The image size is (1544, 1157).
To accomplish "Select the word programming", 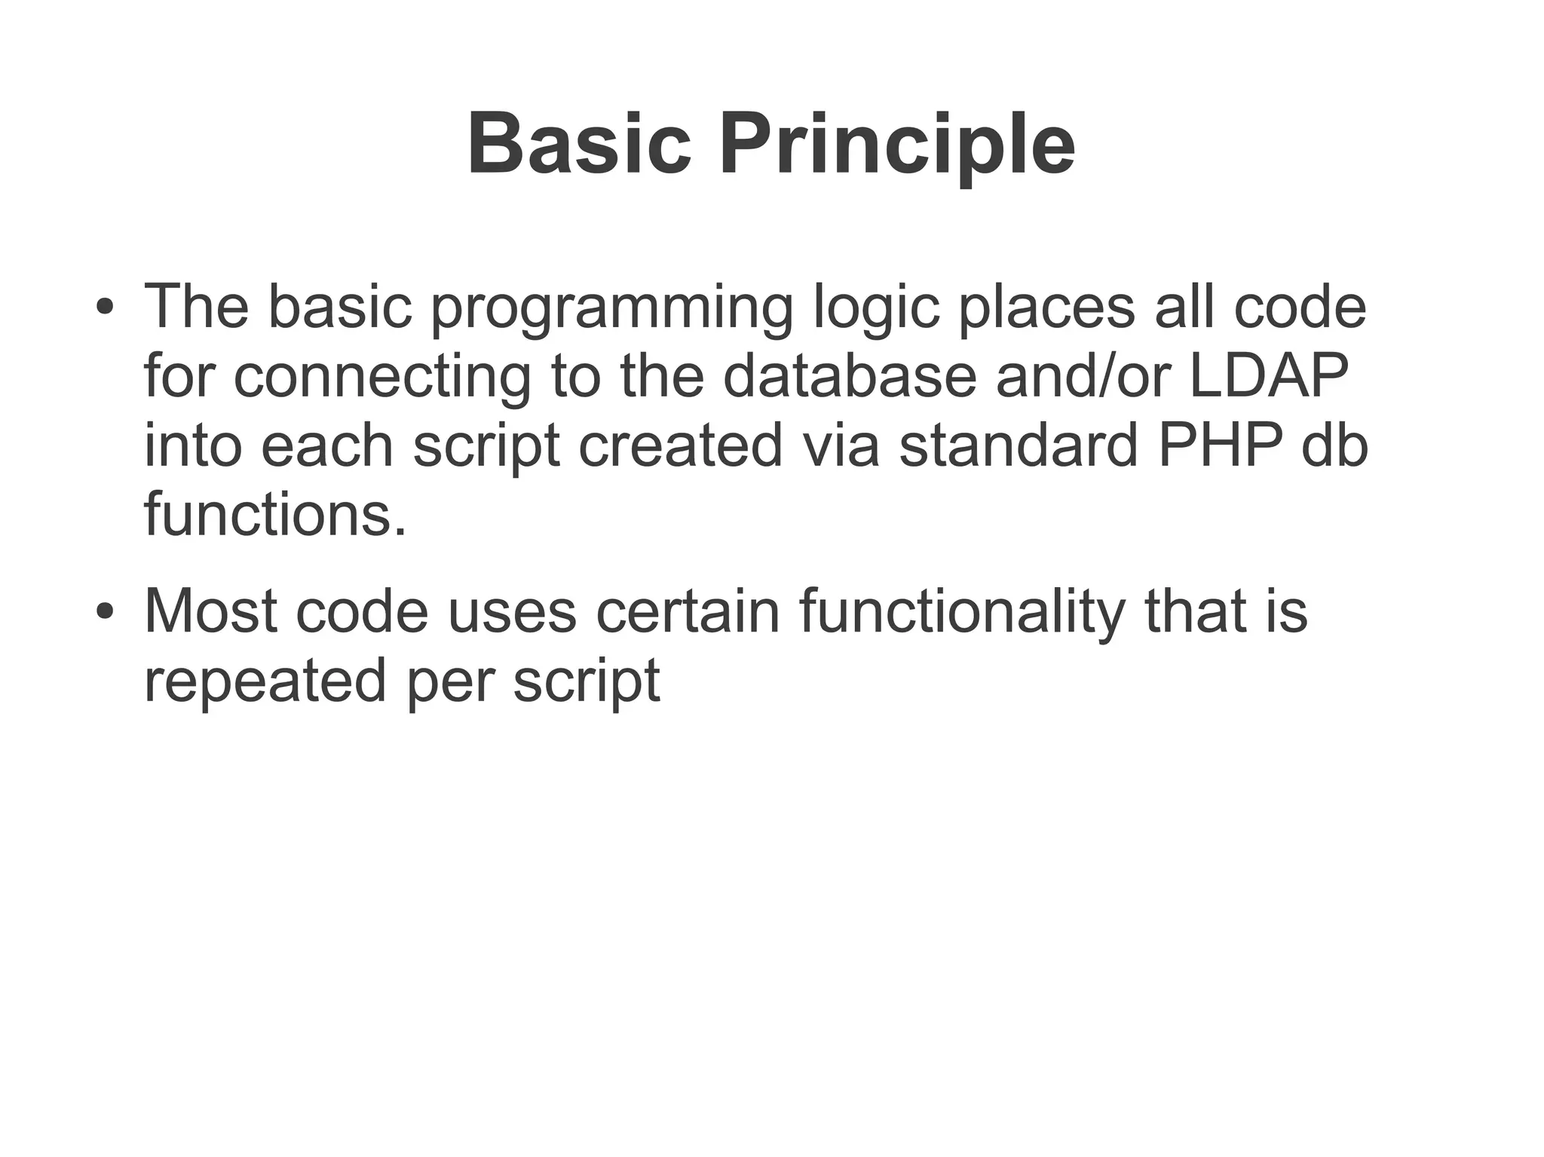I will tap(611, 309).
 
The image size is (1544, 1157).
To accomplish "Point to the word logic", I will tap(876, 309).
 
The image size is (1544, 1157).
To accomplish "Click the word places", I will tap(1046, 309).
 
